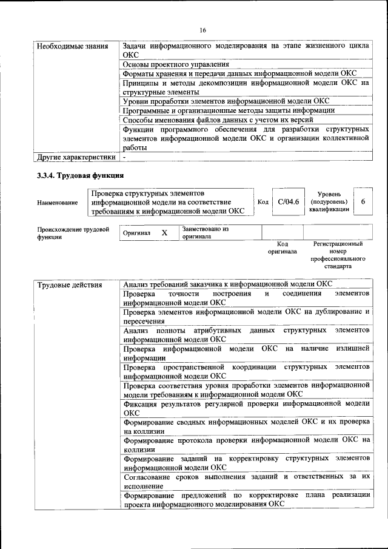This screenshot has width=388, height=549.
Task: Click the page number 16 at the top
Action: point(202,30)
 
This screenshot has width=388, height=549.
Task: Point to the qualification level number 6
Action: point(363,202)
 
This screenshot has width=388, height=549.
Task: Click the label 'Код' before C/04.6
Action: point(263,202)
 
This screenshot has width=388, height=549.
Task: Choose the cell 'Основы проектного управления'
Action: point(176,64)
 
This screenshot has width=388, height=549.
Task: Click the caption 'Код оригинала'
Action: point(282,247)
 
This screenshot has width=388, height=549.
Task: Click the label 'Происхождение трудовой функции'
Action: point(73,234)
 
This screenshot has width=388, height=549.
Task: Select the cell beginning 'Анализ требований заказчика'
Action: point(227,284)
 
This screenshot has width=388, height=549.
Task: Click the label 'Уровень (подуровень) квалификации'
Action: point(329,201)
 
